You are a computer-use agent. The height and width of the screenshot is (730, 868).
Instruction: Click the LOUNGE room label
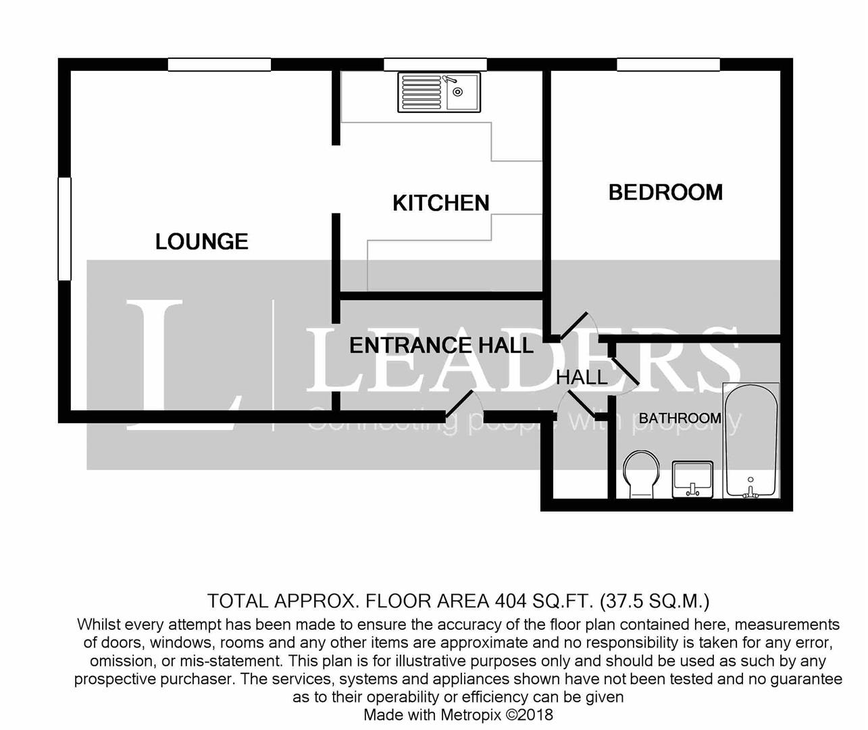[x=201, y=241]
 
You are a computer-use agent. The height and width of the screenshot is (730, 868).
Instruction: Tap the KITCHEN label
[x=440, y=203]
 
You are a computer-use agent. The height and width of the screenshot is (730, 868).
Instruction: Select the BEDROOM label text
[x=665, y=193]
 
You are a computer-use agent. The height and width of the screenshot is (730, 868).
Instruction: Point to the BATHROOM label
[x=680, y=418]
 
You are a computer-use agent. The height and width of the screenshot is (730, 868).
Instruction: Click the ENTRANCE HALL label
[x=441, y=345]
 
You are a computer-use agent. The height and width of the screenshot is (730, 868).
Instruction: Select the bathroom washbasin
[x=692, y=479]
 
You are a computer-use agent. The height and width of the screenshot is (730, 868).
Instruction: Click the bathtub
[x=750, y=439]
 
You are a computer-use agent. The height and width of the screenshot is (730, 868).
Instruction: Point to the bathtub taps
[x=750, y=490]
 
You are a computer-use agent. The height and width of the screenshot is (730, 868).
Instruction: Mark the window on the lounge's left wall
[x=64, y=228]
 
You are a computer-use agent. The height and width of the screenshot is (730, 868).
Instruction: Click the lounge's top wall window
[x=220, y=64]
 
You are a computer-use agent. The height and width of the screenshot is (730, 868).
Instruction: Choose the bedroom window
[x=668, y=64]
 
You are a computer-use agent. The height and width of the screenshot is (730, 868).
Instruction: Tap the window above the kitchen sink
[x=435, y=64]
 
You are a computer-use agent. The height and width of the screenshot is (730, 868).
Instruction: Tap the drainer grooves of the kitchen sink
[x=421, y=92]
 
